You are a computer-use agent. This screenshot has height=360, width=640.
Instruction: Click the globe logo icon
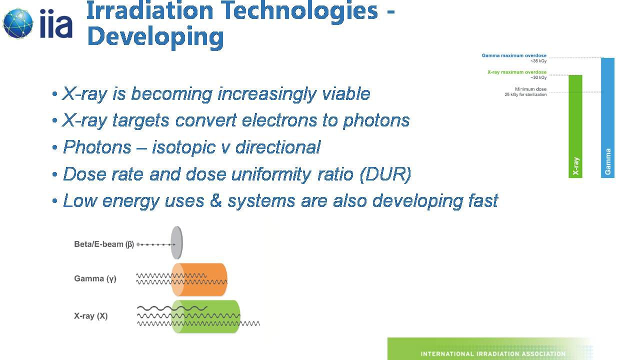pos(18,23)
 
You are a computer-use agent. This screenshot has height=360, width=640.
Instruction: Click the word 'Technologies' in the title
pos(299,11)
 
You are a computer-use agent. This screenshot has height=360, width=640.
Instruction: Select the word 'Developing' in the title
pos(155,37)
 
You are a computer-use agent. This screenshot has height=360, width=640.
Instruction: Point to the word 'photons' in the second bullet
pos(376,121)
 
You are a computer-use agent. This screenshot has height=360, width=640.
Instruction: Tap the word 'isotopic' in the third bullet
pos(183,147)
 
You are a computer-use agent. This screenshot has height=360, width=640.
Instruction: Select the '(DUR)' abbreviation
pos(385,174)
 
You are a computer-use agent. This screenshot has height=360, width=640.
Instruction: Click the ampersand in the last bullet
pos(215,200)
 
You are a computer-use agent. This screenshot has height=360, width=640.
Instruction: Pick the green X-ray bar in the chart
pos(575,126)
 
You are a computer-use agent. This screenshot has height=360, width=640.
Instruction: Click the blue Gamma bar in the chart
pos(607,117)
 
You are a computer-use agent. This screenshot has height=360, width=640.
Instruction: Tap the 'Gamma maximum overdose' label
pos(514,55)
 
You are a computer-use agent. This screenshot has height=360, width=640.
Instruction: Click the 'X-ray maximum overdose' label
pos(517,72)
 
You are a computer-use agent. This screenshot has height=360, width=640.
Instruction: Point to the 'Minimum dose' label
pos(530,89)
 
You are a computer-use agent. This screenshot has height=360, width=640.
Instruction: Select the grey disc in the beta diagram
pos(177,243)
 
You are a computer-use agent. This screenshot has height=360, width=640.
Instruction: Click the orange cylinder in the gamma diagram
pos(199,279)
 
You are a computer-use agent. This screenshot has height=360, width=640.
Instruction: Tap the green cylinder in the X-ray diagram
pos(205,316)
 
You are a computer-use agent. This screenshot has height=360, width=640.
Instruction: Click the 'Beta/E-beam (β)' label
pos(104,244)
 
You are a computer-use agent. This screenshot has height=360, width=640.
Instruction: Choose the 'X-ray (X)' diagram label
pos(91,316)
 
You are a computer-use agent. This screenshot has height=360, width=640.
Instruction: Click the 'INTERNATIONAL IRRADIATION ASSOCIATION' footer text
pos(493,353)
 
